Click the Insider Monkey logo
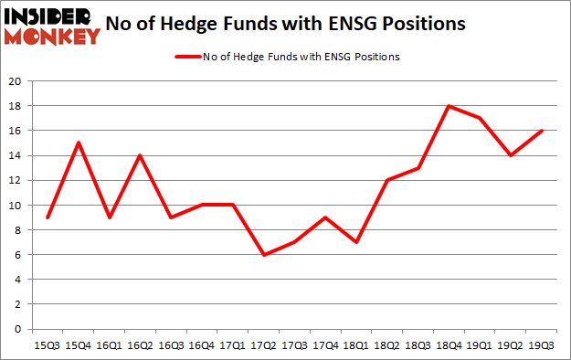[51, 26]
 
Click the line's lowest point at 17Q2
[263, 254]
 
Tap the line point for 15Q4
[78, 143]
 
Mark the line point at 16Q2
[140, 155]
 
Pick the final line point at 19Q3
[543, 131]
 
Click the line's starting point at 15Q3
[47, 217]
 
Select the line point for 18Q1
[356, 242]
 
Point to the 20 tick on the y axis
[16, 81]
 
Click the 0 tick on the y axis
[18, 329]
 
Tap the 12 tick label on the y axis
[16, 180]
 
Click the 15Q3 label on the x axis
[47, 344]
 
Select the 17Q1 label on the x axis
[232, 344]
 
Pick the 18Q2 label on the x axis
[387, 344]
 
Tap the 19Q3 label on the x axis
[543, 344]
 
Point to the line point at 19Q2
[512, 155]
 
